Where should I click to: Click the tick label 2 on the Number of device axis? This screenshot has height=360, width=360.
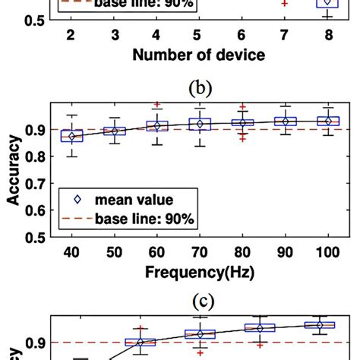click(70, 36)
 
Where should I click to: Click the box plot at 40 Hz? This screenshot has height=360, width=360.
click(71, 136)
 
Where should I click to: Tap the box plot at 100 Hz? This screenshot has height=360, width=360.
click(327, 121)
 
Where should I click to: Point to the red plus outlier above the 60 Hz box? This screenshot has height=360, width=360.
click(156, 104)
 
